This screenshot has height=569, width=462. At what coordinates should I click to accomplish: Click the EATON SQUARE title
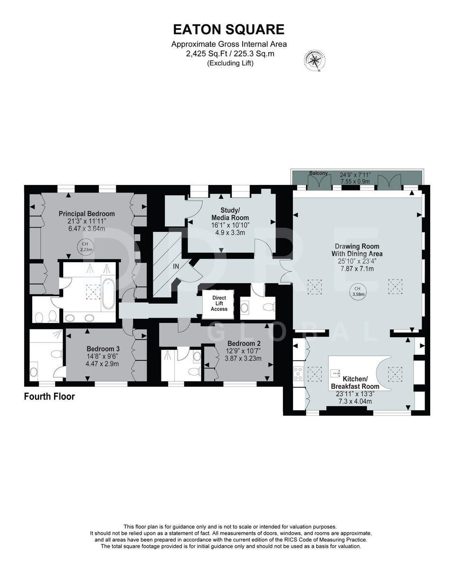[x=228, y=29]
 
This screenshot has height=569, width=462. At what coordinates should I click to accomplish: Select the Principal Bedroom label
[x=87, y=214]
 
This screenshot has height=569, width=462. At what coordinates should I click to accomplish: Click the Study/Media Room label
[x=230, y=214]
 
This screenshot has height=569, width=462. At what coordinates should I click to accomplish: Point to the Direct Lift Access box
[x=219, y=303]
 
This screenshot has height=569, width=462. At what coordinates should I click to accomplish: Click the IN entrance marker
[x=176, y=266]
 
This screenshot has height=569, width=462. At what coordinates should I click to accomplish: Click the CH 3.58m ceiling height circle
[x=358, y=291]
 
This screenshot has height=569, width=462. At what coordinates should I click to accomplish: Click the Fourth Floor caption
[x=49, y=396]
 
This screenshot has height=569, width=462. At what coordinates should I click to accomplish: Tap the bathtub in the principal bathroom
[x=108, y=294]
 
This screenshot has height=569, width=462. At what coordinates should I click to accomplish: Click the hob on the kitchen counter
[x=298, y=374]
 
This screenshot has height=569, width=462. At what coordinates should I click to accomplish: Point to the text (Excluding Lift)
[x=230, y=63]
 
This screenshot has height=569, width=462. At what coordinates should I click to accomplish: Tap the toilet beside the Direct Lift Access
[x=269, y=307]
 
